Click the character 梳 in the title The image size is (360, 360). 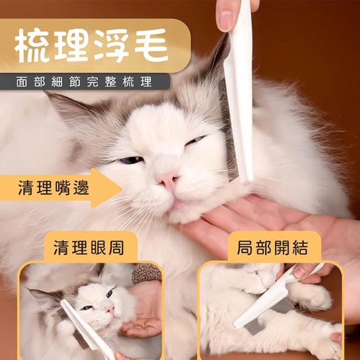pyautogui.click(x=31, y=46)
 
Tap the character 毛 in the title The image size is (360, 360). pyautogui.click(x=151, y=46)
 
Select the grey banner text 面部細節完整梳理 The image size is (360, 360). pyautogui.click(x=84, y=82)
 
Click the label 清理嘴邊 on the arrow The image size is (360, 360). pyautogui.click(x=53, y=188)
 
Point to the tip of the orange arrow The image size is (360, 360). pyautogui.click(x=121, y=188)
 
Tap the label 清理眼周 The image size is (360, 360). pyautogui.click(x=89, y=248)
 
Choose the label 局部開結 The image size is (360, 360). pyautogui.click(x=272, y=248)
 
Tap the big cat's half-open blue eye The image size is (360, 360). pyautogui.click(x=132, y=160)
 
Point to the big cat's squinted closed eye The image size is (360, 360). pyautogui.click(x=195, y=140)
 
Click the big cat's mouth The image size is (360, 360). pyautogui.click(x=177, y=204)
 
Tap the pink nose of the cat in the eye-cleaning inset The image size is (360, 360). pyautogui.click(x=110, y=309)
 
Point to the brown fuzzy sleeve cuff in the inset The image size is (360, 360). pyautogui.click(x=147, y=274)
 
